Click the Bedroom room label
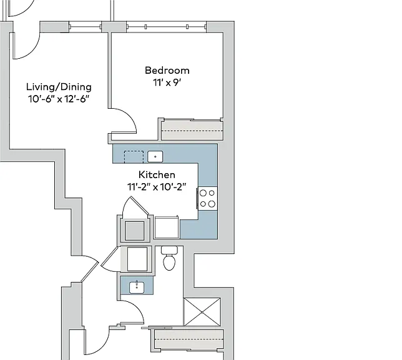coord(167,71)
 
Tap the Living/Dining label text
coord(59,87)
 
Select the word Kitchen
coord(157,174)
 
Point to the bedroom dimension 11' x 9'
coord(167,82)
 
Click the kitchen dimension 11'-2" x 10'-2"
coord(157,187)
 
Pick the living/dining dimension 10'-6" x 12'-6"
coord(59,99)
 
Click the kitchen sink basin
coord(155,156)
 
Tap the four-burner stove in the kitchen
coord(208,199)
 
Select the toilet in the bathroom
coord(169,258)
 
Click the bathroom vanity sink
coord(137,287)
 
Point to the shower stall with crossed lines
coord(202,312)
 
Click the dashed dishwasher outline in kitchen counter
coord(134,157)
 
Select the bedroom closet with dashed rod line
coord(192,130)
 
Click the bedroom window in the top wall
coord(167,27)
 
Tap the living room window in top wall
coord(86,26)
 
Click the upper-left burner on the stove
coord(203,193)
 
